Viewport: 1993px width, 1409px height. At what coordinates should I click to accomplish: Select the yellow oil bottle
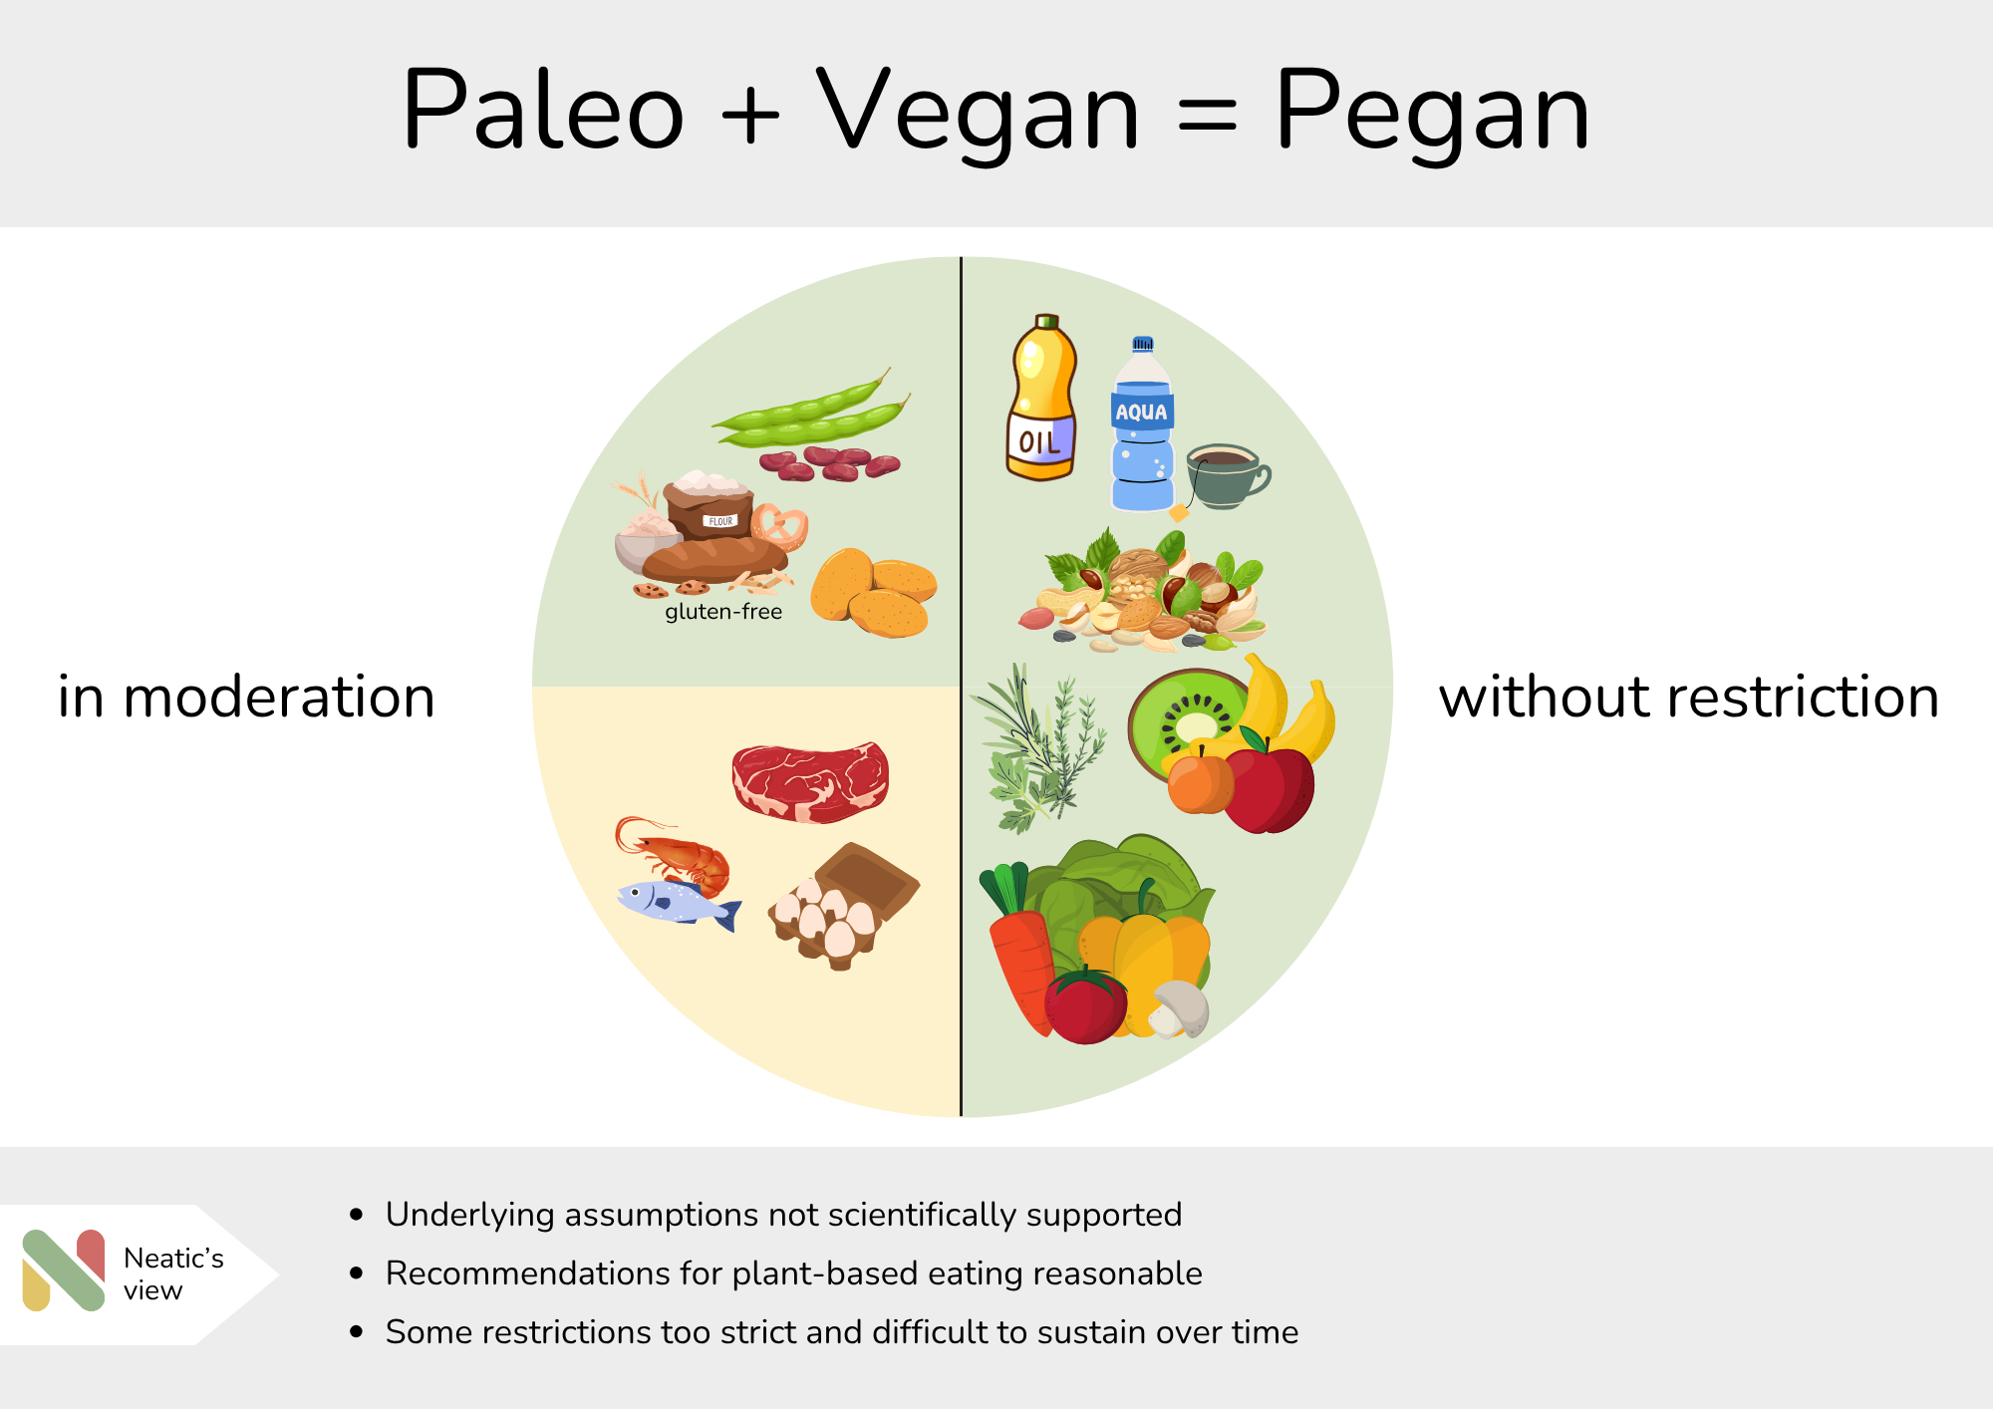(x=1042, y=398)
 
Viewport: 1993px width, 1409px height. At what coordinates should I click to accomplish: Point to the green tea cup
(x=1226, y=476)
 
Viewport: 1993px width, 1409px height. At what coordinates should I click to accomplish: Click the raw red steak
(x=810, y=782)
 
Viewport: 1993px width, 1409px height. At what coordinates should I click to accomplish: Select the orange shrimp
(x=674, y=852)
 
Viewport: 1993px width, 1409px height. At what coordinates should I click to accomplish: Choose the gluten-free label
(x=723, y=612)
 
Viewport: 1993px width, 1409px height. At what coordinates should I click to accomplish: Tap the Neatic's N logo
(x=64, y=1269)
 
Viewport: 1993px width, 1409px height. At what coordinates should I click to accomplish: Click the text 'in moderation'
(x=246, y=697)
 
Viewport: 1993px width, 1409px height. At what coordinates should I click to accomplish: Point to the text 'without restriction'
(x=1689, y=697)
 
